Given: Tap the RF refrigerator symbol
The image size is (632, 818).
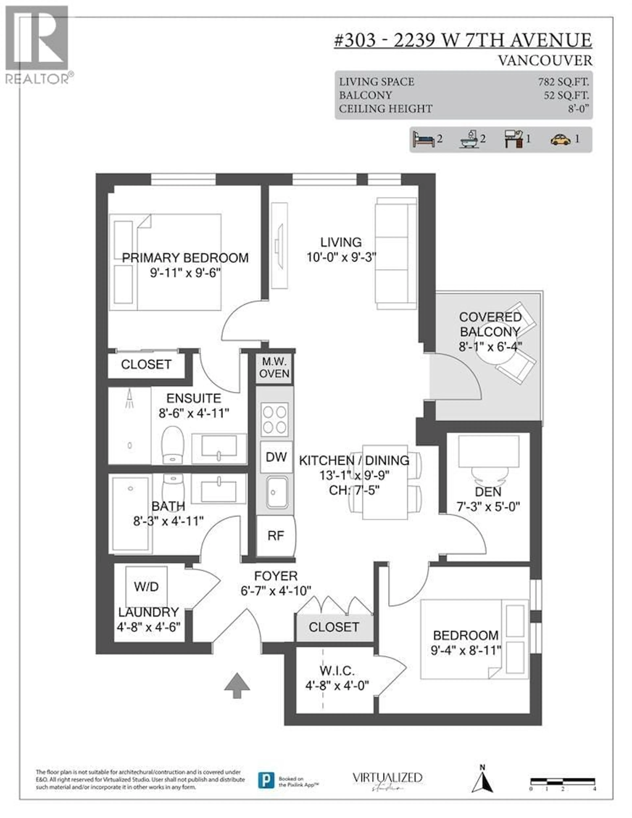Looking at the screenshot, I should (276, 536).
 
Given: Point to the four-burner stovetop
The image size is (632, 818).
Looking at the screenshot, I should (274, 420).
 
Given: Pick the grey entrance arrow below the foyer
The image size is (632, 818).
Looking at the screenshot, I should (237, 685).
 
